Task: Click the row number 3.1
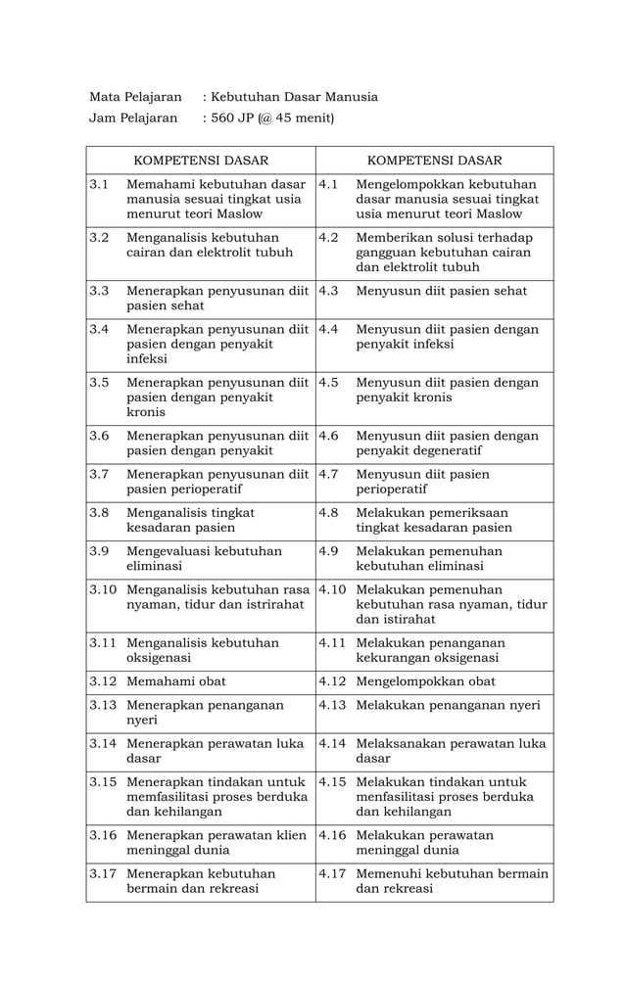pos(98,184)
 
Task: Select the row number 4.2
pos(329,238)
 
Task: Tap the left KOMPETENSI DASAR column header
pos(200,161)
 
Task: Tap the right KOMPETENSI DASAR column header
pos(434,161)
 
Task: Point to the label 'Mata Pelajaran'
pos(135,97)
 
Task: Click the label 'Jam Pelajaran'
pos(133,118)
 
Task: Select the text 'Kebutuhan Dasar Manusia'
pos(294,97)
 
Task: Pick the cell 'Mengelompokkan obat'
pos(425,681)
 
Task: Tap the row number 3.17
pos(103,872)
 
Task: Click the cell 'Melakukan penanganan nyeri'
pos(448,705)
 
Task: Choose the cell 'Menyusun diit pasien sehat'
pos(441,291)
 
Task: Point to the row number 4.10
pos(333,589)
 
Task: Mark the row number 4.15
pos(333,781)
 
